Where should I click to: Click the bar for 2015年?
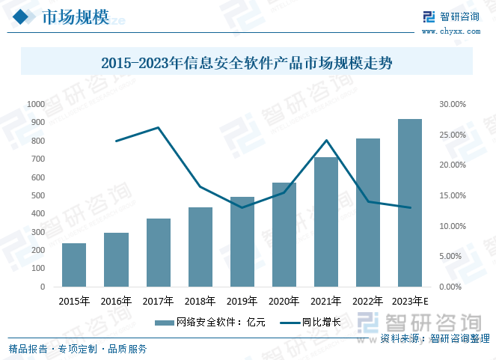click(74, 265)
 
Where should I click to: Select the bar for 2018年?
click(200, 247)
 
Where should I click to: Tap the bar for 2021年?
click(326, 222)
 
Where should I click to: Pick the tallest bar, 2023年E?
click(409, 203)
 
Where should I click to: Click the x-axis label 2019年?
click(242, 302)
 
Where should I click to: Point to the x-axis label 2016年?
click(116, 302)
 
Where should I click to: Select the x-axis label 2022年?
click(367, 302)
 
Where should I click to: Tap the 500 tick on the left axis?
click(37, 195)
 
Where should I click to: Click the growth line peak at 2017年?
click(158, 127)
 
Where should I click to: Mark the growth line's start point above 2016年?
click(116, 141)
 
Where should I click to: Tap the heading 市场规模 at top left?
click(75, 17)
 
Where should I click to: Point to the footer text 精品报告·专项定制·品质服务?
click(78, 348)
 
